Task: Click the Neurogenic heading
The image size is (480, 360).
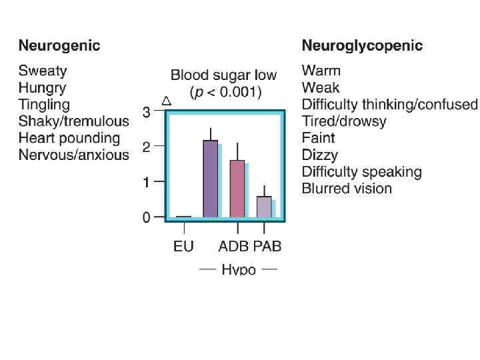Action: pos(59,46)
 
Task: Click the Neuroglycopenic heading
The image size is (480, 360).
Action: pos(362,46)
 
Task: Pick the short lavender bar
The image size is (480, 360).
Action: pos(264,207)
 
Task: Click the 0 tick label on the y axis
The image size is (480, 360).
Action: pos(146,217)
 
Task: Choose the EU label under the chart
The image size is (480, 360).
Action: pos(183,247)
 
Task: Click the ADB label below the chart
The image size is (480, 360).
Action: pos(233,247)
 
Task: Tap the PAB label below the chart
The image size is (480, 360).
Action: pos(267,247)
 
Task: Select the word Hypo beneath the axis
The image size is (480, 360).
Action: pos(239,270)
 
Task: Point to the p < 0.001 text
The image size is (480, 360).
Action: pos(225,92)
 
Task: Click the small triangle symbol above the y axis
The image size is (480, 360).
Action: pos(167,101)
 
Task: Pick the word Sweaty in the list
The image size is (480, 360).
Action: pos(43,71)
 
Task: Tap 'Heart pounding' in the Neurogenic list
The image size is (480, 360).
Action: pos(69,138)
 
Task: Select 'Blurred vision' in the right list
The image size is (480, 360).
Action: pos(347,188)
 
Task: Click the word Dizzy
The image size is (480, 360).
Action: pos(319,155)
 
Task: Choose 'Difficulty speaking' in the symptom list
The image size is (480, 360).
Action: pos(361,171)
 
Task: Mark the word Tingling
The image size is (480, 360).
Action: pos(44,104)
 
